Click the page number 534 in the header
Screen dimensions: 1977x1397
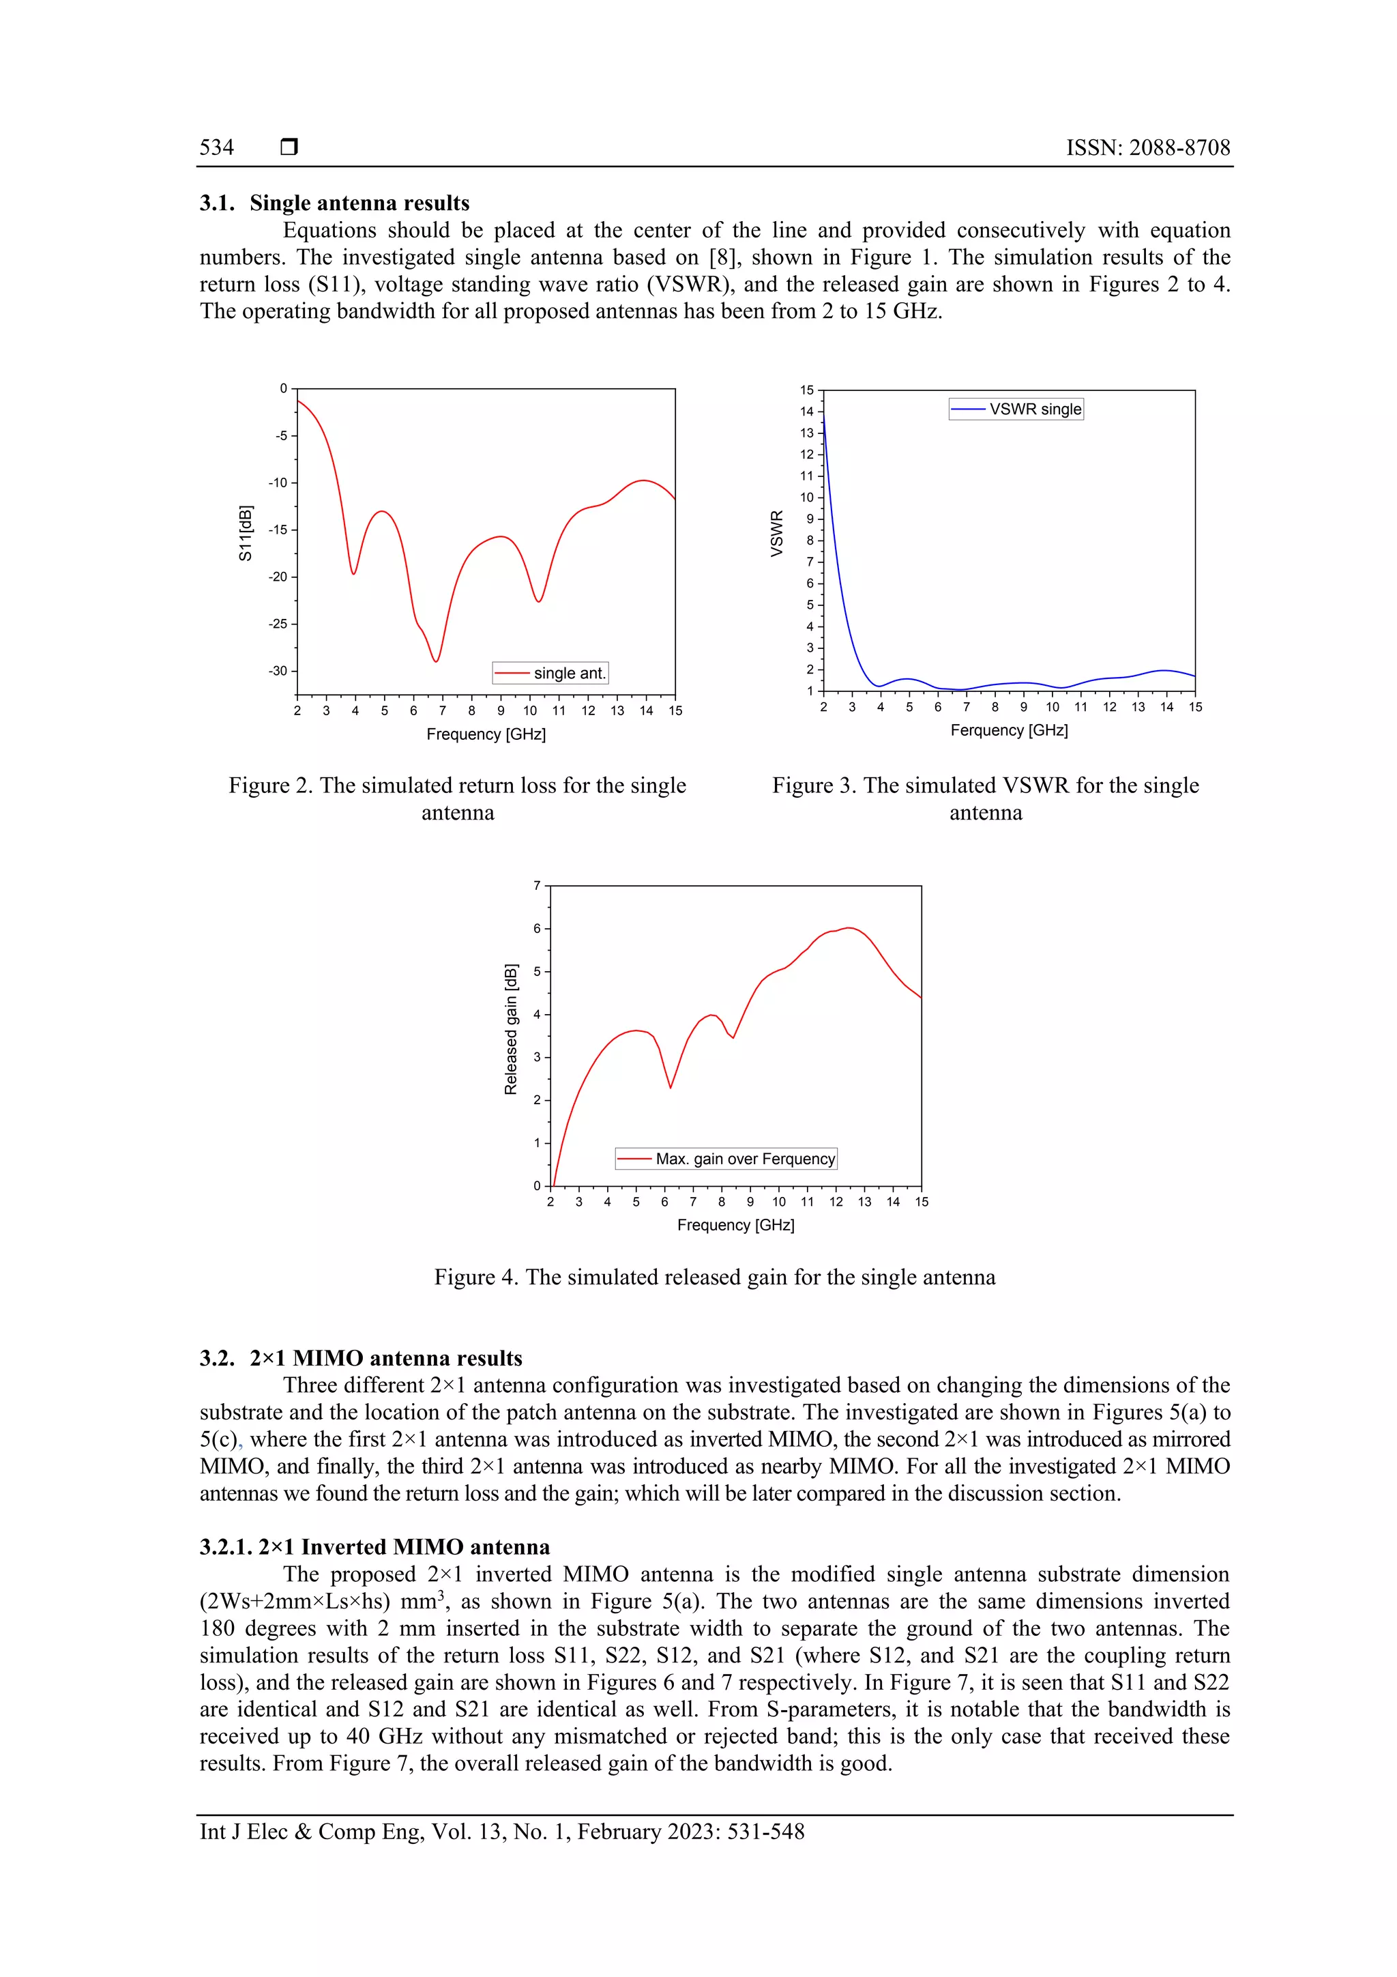click(x=217, y=147)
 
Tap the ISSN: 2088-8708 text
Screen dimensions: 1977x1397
click(x=1147, y=147)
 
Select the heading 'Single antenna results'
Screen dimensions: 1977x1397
click(x=359, y=203)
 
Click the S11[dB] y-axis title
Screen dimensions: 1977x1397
click(x=246, y=534)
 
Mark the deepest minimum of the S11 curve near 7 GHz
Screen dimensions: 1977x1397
click(x=437, y=661)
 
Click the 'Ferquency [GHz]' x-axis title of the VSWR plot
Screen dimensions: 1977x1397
click(x=1008, y=730)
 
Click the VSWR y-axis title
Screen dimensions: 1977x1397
click(x=776, y=534)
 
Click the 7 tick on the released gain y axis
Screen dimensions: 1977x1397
click(x=537, y=885)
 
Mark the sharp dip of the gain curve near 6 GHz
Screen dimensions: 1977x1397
click(x=671, y=1088)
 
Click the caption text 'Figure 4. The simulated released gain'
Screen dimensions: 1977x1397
click(x=714, y=1277)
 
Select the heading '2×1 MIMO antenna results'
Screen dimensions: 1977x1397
click(x=385, y=1359)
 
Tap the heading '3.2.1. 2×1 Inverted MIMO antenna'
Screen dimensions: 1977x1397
click(x=374, y=1547)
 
